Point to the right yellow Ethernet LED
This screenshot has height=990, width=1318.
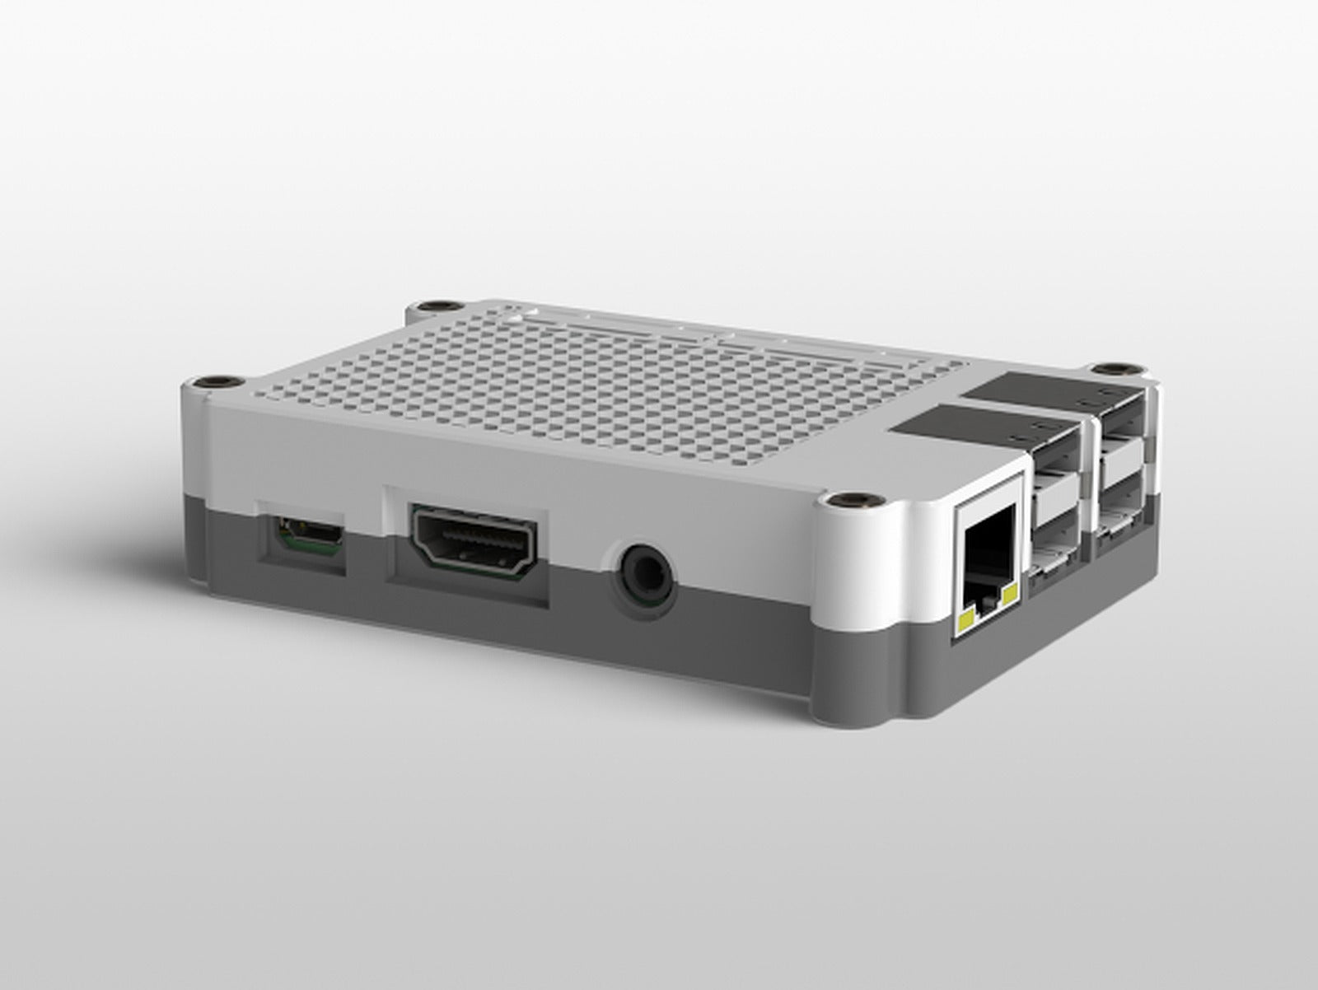click(1010, 594)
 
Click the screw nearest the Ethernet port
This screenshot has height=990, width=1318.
click(846, 501)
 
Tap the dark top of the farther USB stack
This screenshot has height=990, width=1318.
click(1030, 386)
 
